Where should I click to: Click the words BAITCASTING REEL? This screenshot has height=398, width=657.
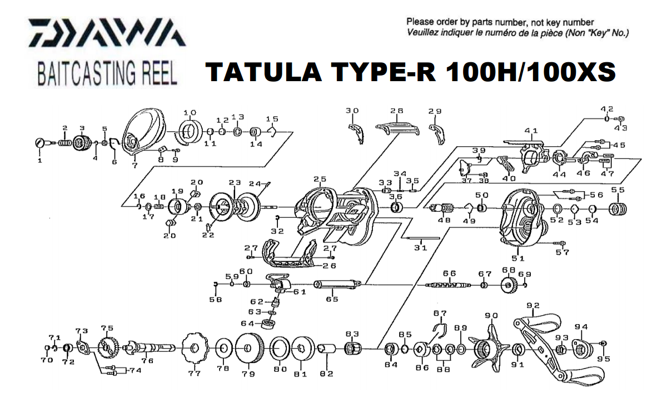[107, 73]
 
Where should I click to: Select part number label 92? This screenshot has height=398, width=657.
[533, 305]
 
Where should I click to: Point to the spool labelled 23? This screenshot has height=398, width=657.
[233, 206]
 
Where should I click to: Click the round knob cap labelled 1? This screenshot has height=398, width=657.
[40, 143]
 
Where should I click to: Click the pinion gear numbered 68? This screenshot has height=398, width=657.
[509, 286]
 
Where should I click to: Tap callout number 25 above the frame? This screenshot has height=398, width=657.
[319, 179]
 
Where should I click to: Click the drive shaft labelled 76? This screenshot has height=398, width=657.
[147, 349]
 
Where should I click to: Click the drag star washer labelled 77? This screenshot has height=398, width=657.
[194, 349]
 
